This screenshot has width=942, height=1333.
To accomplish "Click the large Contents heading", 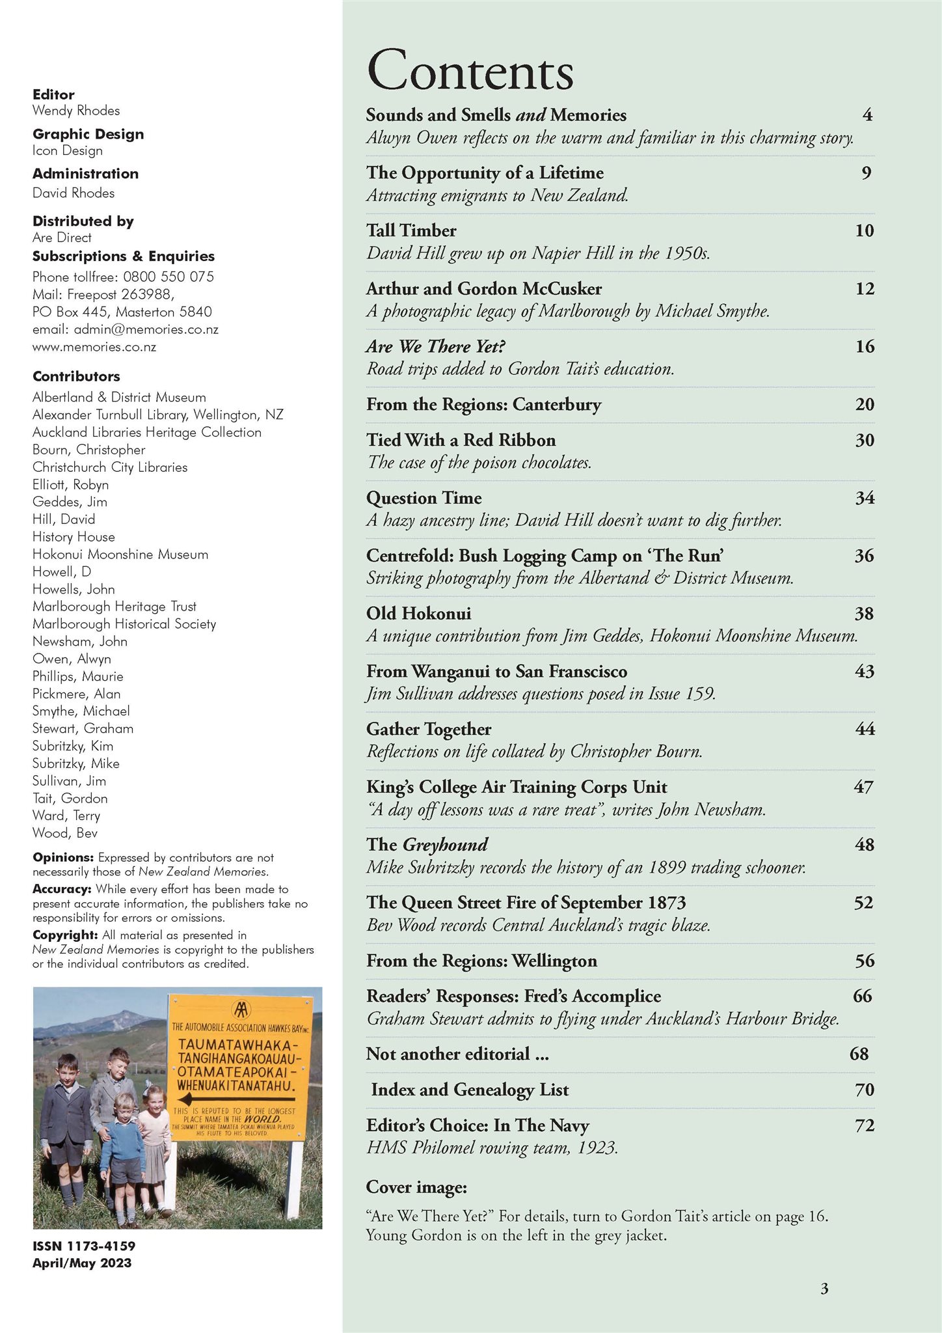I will (470, 70).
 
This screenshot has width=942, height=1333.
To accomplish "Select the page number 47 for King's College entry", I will (863, 787).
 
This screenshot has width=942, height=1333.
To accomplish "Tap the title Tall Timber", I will (411, 230).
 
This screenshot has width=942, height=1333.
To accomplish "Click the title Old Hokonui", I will (418, 613).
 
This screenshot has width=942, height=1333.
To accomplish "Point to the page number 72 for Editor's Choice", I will (864, 1125).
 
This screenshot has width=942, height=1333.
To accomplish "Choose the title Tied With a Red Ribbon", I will (461, 440).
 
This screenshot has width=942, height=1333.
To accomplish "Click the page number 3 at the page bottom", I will (824, 1288).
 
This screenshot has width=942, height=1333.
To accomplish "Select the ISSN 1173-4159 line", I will (84, 1246).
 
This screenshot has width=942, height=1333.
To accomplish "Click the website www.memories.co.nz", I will (94, 347).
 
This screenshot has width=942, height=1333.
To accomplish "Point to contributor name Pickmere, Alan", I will (76, 694).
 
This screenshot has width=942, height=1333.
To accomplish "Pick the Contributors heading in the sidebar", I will (76, 376).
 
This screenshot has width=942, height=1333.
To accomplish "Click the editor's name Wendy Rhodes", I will (76, 111).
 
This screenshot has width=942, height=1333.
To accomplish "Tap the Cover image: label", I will (416, 1187).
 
